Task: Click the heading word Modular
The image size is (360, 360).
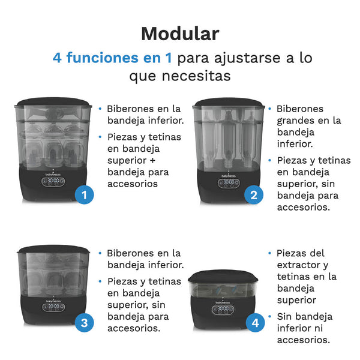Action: tap(180, 33)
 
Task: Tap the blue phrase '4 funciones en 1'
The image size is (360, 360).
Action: tap(112, 59)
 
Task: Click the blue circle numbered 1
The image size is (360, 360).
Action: tap(85, 194)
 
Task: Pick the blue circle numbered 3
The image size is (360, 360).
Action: tap(85, 323)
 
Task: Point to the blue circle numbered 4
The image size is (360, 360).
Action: tap(256, 323)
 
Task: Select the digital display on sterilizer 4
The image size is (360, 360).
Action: tap(224, 309)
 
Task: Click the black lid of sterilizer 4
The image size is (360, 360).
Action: tap(223, 277)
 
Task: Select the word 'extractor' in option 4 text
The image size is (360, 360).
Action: tap(302, 265)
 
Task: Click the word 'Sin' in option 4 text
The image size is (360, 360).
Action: tap(286, 316)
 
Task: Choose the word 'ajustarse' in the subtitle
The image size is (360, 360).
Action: tap(245, 59)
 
